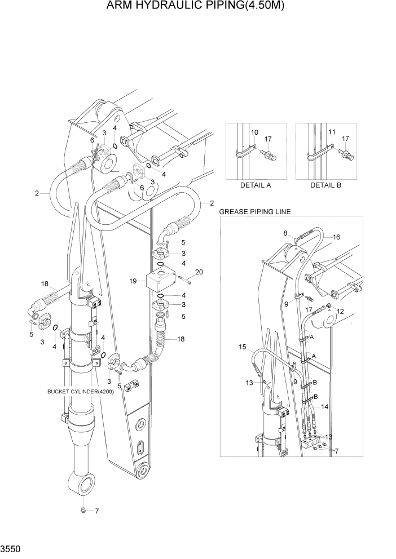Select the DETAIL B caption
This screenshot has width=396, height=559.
(x=325, y=185)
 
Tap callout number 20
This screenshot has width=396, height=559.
(x=198, y=272)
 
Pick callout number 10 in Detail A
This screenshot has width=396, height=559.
(x=254, y=132)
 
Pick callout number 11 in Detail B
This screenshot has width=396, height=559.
(x=332, y=132)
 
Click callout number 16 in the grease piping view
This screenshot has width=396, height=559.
(x=336, y=237)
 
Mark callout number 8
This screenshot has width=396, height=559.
(x=285, y=232)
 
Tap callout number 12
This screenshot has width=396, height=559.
(x=340, y=311)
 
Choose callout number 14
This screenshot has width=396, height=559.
(x=325, y=406)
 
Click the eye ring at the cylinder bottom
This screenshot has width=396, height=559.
(x=83, y=482)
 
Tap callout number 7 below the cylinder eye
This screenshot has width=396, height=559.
(x=96, y=512)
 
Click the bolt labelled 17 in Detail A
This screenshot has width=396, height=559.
(x=271, y=155)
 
